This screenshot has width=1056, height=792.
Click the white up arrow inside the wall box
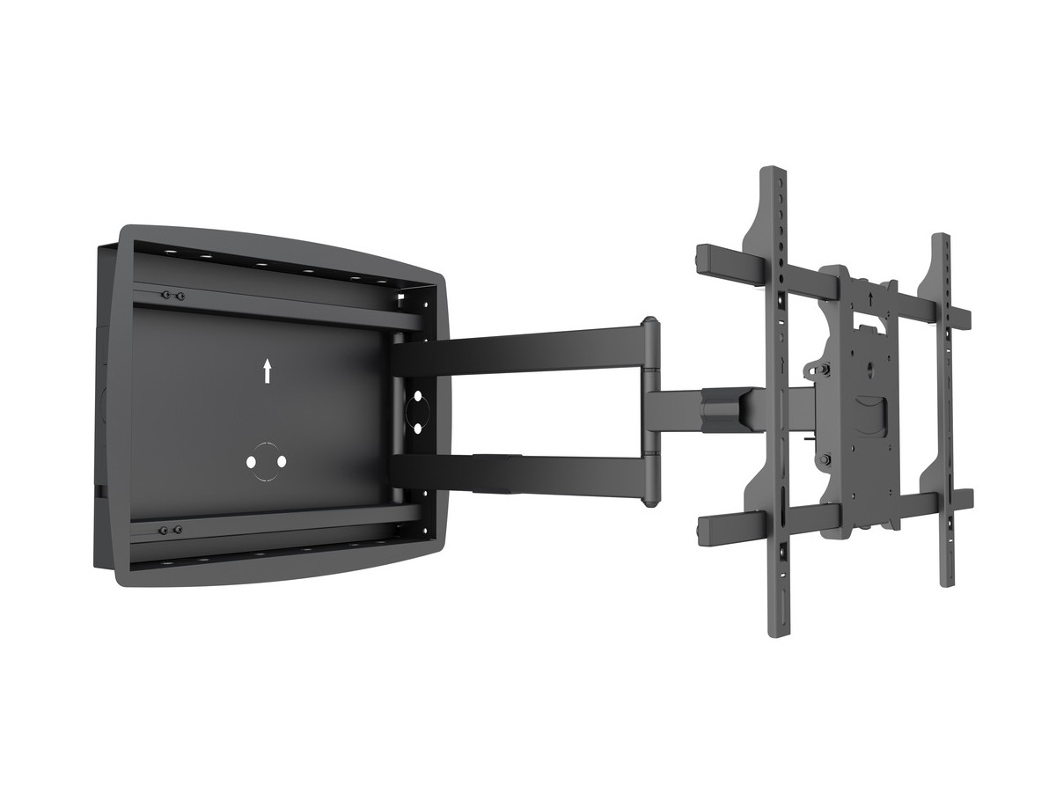point(267,370)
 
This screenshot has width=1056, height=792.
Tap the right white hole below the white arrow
point(282,461)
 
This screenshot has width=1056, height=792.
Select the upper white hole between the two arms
point(416,395)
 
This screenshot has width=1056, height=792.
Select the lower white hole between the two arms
point(416,425)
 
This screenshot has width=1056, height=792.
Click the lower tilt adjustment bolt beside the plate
point(825,458)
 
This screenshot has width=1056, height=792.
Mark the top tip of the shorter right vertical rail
point(941,237)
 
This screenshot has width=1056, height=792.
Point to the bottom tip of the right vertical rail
point(946,582)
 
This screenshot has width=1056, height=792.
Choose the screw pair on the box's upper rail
point(171,295)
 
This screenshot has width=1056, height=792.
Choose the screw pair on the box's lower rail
point(170,530)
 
